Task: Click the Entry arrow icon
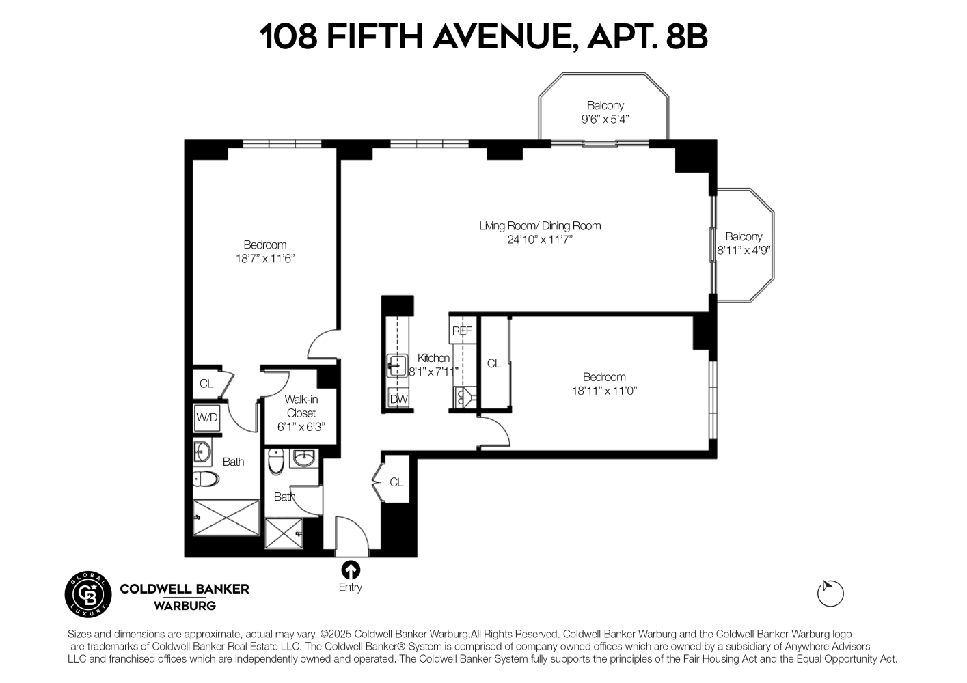[x=350, y=570]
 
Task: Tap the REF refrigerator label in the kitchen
[x=462, y=331]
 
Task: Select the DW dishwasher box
[x=398, y=399]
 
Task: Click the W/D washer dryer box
[x=206, y=417]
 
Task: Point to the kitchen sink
[x=396, y=365]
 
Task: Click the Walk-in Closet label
[x=301, y=406]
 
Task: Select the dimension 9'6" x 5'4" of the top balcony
[x=605, y=119]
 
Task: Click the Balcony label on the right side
[x=744, y=236]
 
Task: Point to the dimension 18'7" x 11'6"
[x=265, y=258]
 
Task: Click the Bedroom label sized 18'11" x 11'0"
[x=604, y=377]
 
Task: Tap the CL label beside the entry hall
[x=396, y=482]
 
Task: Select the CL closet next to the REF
[x=493, y=364]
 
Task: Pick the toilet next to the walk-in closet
[x=276, y=462]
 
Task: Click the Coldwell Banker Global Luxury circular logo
[x=87, y=592]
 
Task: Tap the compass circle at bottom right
[x=830, y=593]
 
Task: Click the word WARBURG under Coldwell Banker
[x=185, y=605]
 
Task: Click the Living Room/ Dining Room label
[x=540, y=225]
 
